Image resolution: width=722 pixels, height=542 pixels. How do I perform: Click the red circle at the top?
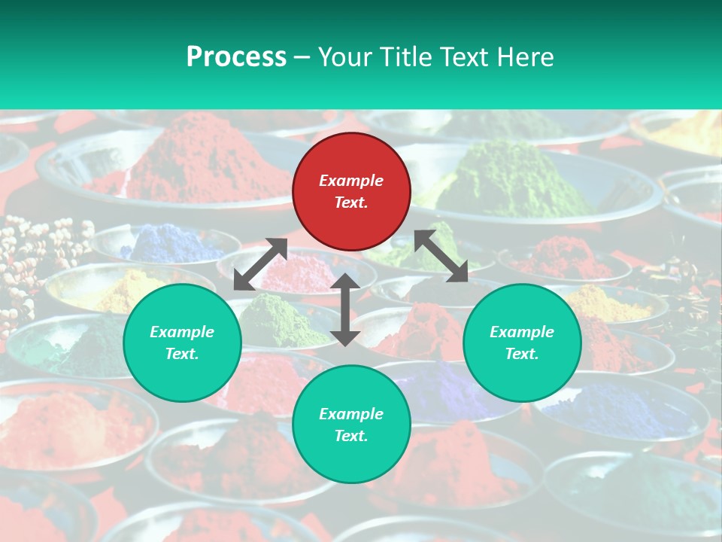[351, 191]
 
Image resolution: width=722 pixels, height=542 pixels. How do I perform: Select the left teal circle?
[182, 343]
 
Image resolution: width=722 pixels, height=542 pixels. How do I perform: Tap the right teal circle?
[522, 343]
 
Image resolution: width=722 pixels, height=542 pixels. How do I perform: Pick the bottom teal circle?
[351, 425]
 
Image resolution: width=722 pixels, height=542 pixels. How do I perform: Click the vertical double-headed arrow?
[345, 309]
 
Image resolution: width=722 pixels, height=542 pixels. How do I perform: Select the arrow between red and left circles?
[260, 264]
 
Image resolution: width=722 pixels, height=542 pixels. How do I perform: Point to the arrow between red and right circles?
[441, 256]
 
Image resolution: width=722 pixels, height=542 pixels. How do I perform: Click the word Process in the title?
[236, 56]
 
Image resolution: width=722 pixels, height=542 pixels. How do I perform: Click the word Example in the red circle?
[351, 181]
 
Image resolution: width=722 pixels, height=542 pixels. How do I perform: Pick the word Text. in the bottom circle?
[351, 436]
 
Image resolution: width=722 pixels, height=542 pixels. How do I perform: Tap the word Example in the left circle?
[182, 332]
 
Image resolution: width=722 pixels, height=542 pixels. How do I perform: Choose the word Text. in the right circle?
[522, 354]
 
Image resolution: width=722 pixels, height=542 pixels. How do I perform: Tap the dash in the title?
[302, 56]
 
